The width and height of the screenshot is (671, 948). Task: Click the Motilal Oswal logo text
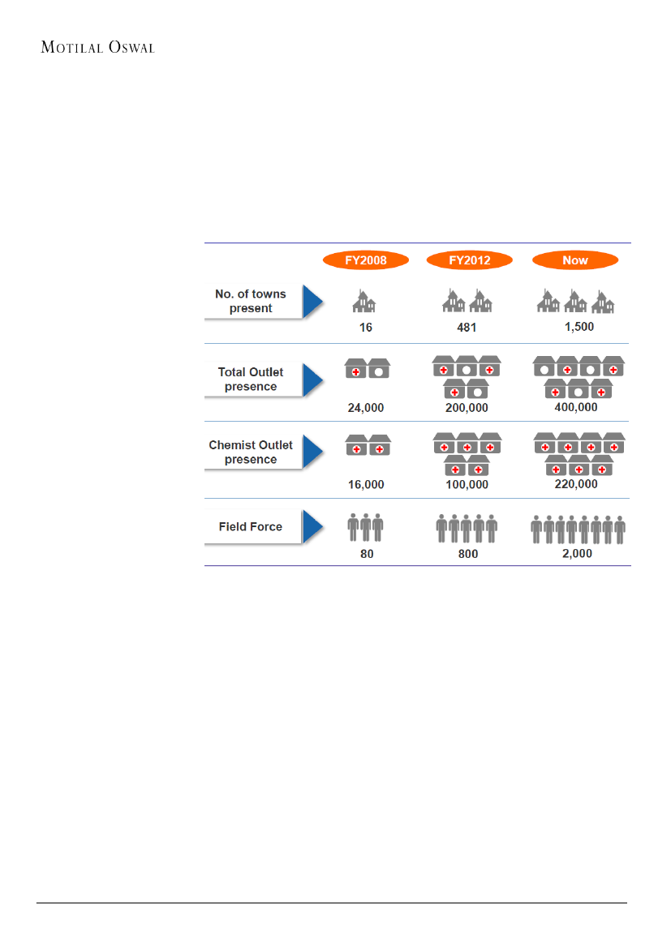click(x=97, y=47)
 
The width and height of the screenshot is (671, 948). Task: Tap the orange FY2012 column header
click(x=470, y=261)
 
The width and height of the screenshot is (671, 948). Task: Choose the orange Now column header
click(x=575, y=261)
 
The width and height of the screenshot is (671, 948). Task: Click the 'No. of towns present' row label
click(x=251, y=301)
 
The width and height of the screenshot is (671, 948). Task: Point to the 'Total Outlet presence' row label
click(x=251, y=380)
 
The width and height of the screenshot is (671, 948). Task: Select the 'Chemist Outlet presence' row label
click(x=251, y=452)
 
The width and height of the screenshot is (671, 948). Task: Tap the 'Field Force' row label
click(x=251, y=526)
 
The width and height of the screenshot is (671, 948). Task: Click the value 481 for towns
click(x=467, y=329)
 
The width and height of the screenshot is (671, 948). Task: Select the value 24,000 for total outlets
click(x=366, y=408)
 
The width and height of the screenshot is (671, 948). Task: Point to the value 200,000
click(x=467, y=408)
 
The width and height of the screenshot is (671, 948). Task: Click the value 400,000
click(x=575, y=407)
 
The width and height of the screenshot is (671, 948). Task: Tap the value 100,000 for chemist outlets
click(x=467, y=484)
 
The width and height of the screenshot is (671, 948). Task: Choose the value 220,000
click(x=575, y=484)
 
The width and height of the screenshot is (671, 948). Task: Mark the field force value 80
click(x=365, y=554)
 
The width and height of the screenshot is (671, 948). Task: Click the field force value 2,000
click(x=577, y=554)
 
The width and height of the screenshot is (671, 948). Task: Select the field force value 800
click(x=467, y=554)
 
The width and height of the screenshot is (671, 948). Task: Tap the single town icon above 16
click(x=364, y=301)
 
